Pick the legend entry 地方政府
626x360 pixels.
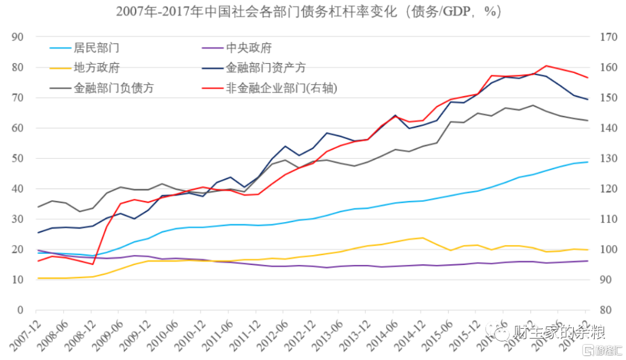click(x=96, y=68)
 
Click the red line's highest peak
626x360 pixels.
click(x=546, y=66)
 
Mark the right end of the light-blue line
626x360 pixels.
click(x=588, y=162)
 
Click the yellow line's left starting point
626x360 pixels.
click(x=38, y=278)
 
